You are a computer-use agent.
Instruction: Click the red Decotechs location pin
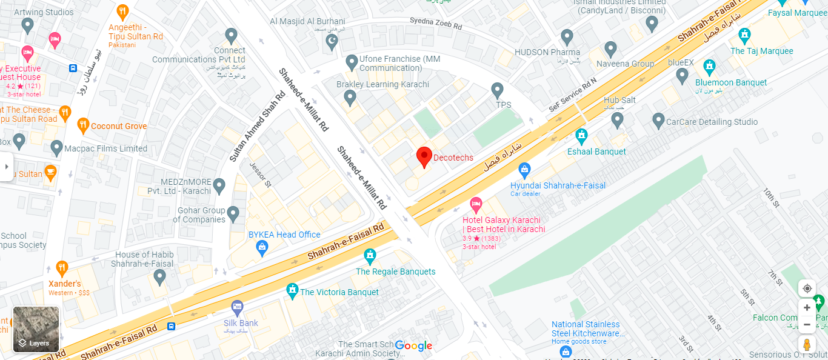[x=424, y=156]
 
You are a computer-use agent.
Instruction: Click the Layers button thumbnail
[x=36, y=330]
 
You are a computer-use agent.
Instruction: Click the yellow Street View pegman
[x=807, y=345]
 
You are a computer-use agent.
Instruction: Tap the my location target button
[x=807, y=288]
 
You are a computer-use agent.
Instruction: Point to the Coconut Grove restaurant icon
[x=84, y=126]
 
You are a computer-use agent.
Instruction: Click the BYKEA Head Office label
[x=284, y=235]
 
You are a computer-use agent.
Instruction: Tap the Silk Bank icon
[x=237, y=308]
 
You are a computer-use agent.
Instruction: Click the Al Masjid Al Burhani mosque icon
[x=331, y=42]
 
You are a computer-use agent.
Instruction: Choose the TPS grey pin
[x=498, y=90]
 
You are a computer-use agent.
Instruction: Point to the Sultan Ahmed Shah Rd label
[x=257, y=127]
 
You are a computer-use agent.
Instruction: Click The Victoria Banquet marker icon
[x=293, y=292]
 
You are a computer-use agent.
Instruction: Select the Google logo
[x=414, y=345]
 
